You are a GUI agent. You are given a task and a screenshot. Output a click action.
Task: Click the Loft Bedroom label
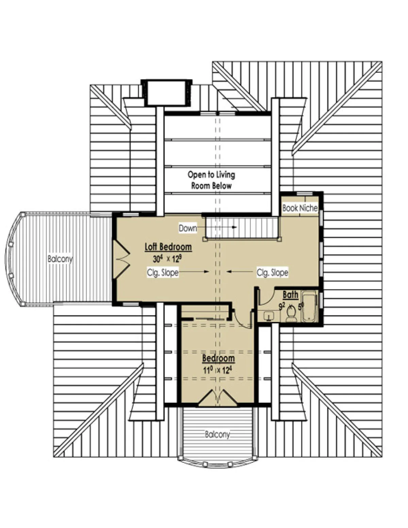[168, 247]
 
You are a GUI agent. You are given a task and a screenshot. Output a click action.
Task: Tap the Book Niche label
[300, 208]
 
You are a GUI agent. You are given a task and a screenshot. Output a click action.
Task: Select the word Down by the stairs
[188, 228]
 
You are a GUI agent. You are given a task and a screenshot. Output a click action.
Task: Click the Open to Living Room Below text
[211, 180]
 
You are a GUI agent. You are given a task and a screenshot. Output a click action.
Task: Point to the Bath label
[290, 294]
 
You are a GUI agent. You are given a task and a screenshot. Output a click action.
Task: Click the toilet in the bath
[291, 313]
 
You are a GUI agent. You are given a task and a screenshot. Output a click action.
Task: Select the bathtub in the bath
[309, 306]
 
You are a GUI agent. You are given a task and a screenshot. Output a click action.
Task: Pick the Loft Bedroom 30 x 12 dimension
[167, 259]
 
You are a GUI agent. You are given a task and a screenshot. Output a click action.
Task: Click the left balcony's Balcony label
[60, 259]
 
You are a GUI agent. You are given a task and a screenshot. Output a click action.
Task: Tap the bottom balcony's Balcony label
[217, 434]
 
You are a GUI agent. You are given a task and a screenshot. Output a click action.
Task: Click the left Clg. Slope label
[163, 272]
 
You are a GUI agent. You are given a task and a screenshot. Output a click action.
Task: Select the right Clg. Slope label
[272, 272]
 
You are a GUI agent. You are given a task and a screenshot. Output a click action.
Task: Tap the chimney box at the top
[167, 93]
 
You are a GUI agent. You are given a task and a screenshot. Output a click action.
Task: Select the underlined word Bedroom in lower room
[219, 358]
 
